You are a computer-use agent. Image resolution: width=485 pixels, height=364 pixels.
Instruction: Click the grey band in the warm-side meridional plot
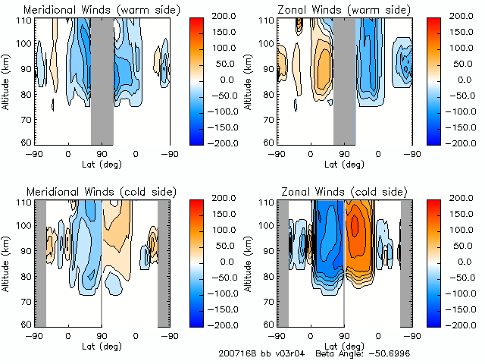[x=102, y=80]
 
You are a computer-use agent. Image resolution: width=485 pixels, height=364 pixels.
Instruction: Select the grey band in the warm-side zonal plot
[x=345, y=80]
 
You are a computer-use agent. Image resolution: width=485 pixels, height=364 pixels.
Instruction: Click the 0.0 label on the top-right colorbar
[x=462, y=80]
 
